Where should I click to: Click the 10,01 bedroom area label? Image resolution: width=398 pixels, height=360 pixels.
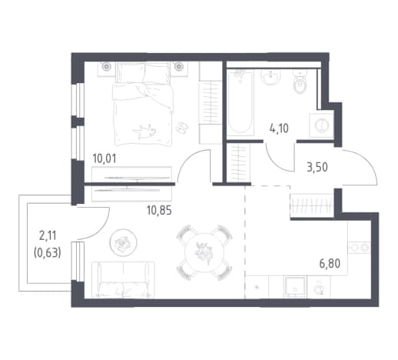104,158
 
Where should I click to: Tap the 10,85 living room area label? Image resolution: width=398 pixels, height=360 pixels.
159,211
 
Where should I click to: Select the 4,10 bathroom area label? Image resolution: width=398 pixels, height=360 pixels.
279,128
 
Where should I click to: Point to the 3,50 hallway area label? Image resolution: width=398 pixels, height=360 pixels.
317,167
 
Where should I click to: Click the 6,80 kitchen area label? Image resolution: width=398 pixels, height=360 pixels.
330,263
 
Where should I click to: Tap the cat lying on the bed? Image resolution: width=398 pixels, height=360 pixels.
144,131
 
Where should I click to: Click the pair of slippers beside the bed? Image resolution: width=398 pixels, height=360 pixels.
182,127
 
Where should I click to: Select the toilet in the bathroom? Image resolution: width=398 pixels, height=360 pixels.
300,82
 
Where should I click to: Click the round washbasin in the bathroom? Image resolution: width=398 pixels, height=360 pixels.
270,76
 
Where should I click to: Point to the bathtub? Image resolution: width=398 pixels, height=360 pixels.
240,102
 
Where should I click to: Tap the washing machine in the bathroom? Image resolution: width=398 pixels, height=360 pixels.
321,125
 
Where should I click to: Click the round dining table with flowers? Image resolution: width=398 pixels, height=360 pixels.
204,252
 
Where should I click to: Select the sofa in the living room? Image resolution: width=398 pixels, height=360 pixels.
123,279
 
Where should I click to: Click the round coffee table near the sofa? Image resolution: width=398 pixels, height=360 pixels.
123,242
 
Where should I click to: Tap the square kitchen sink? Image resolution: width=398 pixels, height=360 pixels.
295,287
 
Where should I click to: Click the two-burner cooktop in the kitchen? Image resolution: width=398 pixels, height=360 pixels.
359,248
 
